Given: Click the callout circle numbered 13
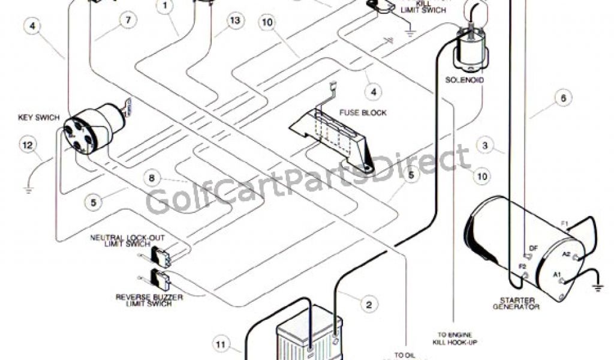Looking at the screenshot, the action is click(236, 21).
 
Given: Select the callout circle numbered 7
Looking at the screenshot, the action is click(127, 20).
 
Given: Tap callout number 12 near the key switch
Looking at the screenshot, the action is click(28, 145).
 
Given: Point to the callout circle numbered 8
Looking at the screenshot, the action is click(152, 178).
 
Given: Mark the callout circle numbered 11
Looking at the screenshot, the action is click(220, 344).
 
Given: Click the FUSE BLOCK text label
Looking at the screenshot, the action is click(363, 112).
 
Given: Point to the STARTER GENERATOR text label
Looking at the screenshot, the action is click(516, 303).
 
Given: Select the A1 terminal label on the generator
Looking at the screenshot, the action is click(557, 276).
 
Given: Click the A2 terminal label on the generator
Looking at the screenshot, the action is click(566, 254).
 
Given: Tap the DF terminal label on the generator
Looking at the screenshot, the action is click(533, 247).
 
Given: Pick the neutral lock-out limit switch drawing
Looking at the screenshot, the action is click(160, 257).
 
